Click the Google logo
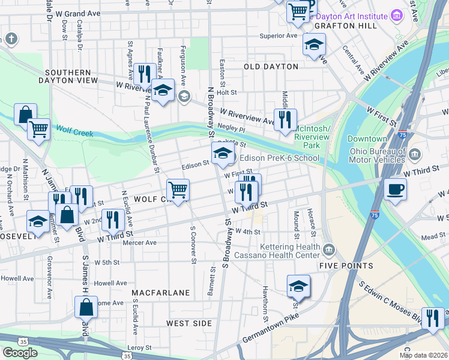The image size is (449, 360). (x=20, y=353)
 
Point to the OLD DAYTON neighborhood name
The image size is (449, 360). (x=271, y=66)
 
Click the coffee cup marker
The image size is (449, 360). (x=394, y=190)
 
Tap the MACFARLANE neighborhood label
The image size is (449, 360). (x=161, y=293)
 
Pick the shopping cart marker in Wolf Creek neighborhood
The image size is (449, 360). (x=178, y=190)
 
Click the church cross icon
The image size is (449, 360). (x=10, y=40)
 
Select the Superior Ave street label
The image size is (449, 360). (x=279, y=36)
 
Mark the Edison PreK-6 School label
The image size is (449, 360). (x=280, y=158)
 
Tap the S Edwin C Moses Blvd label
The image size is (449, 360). (x=391, y=302)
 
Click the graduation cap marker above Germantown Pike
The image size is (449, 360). (x=298, y=287)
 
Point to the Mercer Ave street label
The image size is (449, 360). (x=139, y=243)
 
